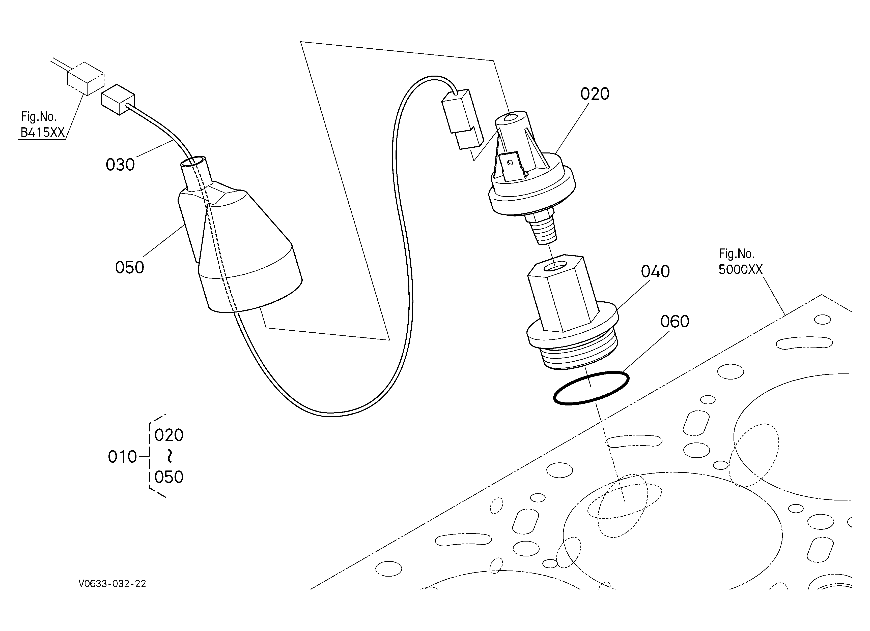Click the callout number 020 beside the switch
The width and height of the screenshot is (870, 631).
tap(595, 94)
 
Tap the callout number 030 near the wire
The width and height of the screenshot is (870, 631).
tap(120, 165)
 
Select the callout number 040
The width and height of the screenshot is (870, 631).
tap(655, 272)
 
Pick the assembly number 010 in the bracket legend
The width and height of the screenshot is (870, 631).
tap(122, 457)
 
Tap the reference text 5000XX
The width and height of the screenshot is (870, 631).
tap(740, 269)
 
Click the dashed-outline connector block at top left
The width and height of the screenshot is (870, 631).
tap(86, 79)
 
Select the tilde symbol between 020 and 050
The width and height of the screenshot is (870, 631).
tap(169, 456)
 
